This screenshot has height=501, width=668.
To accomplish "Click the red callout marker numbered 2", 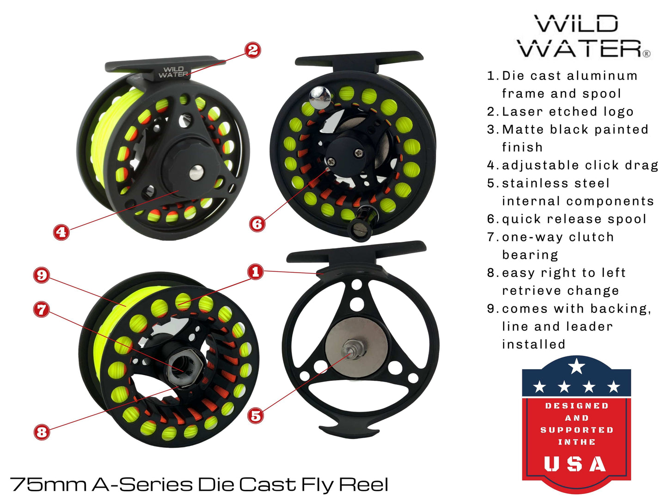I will point(253,50).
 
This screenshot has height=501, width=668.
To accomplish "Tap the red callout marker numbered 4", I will point(61,232).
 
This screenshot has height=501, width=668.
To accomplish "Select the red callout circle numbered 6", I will point(257,224).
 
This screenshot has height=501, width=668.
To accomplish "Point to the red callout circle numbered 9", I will point(42,275).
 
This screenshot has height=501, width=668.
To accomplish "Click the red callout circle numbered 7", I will point(42,309).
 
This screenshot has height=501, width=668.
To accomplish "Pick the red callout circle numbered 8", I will point(42,432).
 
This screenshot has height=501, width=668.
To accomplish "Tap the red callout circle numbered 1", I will point(255,271).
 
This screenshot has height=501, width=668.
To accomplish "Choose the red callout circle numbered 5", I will point(255,415).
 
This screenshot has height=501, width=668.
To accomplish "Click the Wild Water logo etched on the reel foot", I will point(173,72).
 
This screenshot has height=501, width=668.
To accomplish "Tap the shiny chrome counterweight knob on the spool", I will point(319,95).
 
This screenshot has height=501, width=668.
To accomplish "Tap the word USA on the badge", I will point(575,464).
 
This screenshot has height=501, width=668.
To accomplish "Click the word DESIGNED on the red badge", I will point(576,406).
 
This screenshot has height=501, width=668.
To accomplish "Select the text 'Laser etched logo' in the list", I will point(567,111).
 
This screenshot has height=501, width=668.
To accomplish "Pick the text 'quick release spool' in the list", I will point(574,219).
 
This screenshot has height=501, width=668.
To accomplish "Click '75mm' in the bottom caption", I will point(49,484).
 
